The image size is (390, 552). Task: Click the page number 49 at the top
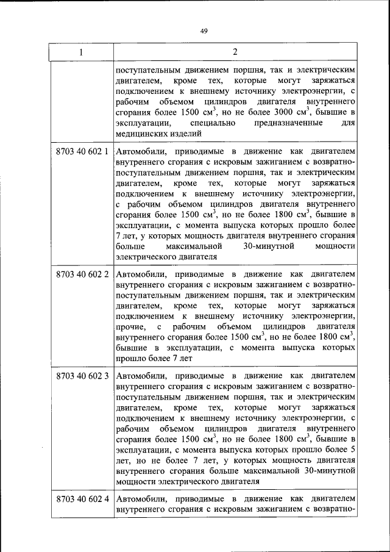(x=204, y=32)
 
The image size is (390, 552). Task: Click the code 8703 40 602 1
(x=82, y=151)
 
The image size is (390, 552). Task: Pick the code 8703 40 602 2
(x=82, y=274)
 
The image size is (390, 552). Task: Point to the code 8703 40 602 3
(x=82, y=375)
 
